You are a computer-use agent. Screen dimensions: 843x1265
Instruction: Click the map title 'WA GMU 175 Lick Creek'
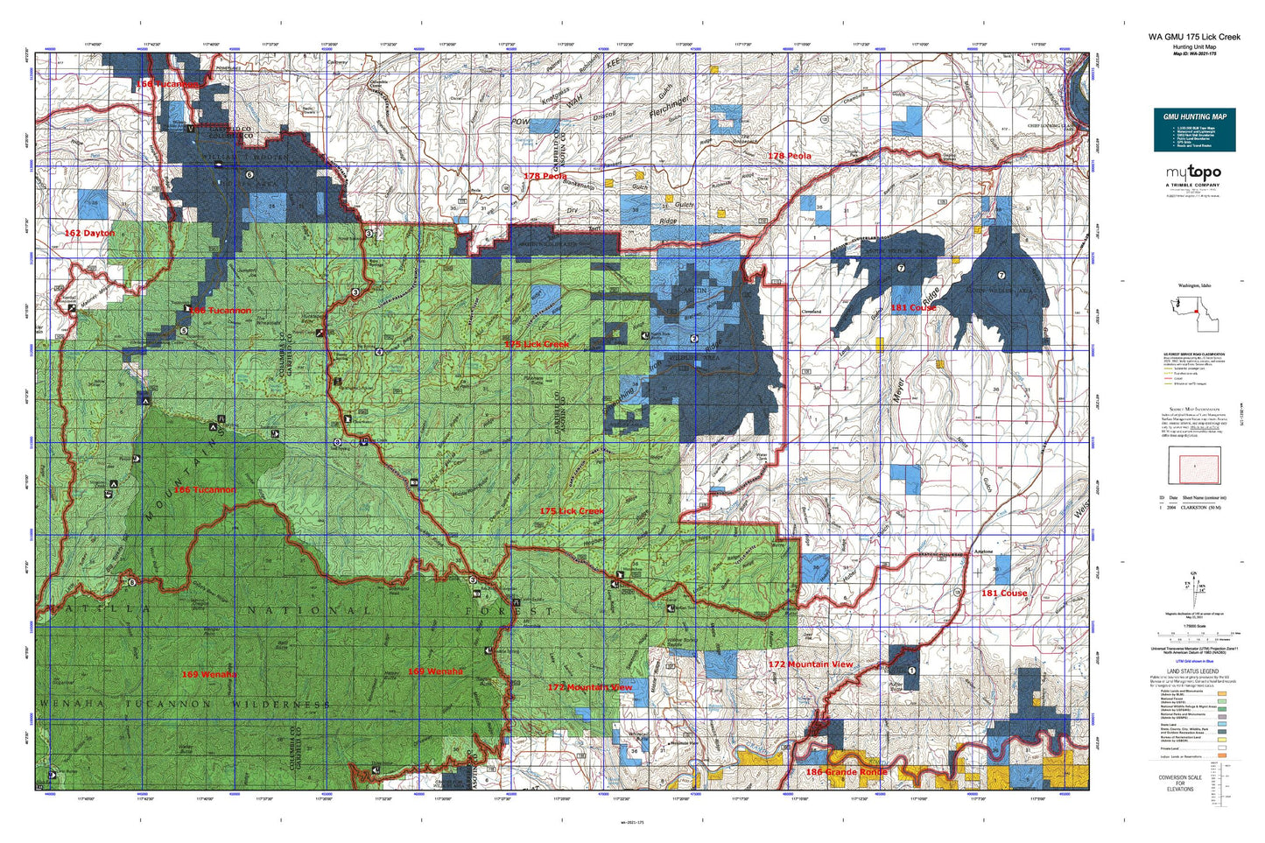coord(1194,37)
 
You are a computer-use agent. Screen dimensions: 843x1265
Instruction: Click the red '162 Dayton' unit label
coord(89,233)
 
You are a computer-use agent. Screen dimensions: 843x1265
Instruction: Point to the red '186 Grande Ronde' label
coord(846,772)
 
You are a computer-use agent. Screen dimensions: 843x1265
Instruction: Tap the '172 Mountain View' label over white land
coord(810,664)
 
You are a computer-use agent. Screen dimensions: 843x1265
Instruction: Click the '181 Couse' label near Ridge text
coord(913,307)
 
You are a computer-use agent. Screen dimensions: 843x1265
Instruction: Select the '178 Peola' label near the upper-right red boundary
coord(789,156)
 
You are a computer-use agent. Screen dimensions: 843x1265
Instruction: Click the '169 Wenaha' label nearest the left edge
coord(208,674)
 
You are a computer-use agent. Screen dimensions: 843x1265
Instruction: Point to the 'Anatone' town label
coord(983,551)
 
